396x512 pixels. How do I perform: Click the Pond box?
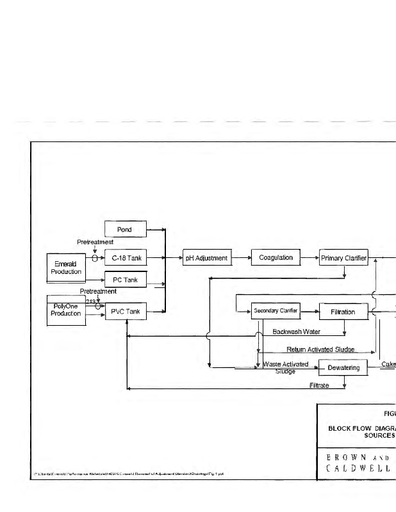click(126, 228)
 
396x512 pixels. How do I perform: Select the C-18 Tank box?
click(126, 258)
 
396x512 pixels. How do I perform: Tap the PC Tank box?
click(126, 280)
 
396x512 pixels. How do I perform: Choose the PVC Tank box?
click(126, 312)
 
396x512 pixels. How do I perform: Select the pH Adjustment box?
click(206, 258)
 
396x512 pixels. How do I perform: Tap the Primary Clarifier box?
click(344, 258)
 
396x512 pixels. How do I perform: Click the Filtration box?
click(344, 312)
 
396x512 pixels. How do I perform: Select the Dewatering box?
click(344, 368)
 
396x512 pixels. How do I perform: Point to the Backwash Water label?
click(296, 332)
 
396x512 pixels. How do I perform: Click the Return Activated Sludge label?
click(320, 350)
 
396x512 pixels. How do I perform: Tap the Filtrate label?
click(319, 385)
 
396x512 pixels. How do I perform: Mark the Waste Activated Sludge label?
click(286, 367)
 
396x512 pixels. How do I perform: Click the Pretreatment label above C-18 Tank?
click(95, 243)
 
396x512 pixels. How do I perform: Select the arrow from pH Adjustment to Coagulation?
click(240, 258)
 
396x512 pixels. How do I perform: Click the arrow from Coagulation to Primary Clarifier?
click(309, 258)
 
